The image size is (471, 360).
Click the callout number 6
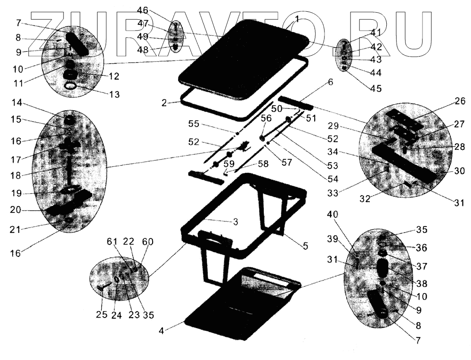coord(330,82)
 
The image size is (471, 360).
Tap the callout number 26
coord(460,100)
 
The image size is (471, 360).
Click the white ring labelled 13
coord(71,86)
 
